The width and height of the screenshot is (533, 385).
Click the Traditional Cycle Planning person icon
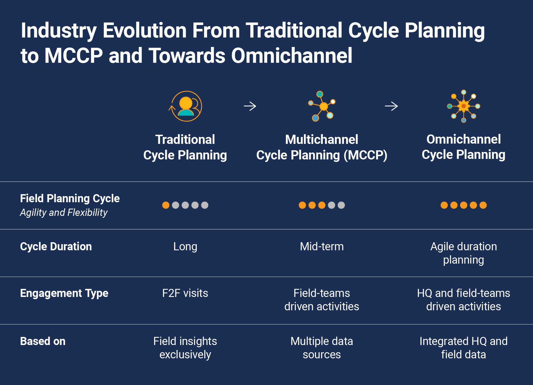(186, 106)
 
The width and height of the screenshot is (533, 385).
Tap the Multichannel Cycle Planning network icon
(322, 106)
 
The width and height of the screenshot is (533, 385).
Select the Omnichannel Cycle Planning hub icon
(463, 106)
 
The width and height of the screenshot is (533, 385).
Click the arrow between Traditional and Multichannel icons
(250, 106)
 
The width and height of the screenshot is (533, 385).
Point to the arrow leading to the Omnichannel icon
(391, 106)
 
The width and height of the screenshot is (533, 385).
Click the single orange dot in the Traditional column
(166, 205)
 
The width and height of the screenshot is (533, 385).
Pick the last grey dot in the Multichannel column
(341, 205)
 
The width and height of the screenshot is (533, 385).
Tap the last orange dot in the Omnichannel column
(483, 205)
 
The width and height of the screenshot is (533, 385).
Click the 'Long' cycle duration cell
(185, 247)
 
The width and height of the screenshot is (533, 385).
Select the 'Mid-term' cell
(322, 247)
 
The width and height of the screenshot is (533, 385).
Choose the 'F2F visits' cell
(185, 293)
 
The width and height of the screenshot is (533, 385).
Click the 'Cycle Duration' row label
(56, 247)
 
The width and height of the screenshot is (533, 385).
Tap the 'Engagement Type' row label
(64, 293)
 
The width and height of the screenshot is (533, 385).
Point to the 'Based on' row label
(43, 341)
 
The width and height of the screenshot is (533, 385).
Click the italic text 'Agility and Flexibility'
(64, 212)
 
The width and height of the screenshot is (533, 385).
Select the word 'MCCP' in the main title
(74, 56)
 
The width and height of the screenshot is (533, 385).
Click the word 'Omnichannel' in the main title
(291, 56)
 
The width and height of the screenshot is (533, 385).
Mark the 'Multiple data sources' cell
(322, 348)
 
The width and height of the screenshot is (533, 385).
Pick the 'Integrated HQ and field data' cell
(463, 348)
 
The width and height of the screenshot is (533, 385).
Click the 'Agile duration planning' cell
(463, 253)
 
